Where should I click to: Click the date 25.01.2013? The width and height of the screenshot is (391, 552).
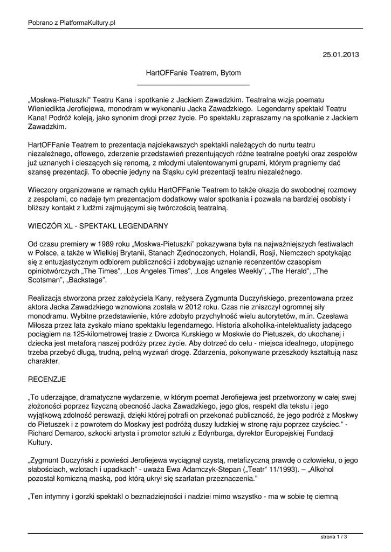(x=340, y=54)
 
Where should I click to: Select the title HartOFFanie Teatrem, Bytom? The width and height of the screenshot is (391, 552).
(x=194, y=72)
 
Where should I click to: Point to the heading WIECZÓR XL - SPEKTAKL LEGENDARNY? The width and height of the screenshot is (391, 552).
(x=98, y=225)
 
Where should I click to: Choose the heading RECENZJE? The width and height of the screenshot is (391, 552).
(x=46, y=379)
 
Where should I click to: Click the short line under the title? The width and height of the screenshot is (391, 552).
(x=194, y=85)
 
